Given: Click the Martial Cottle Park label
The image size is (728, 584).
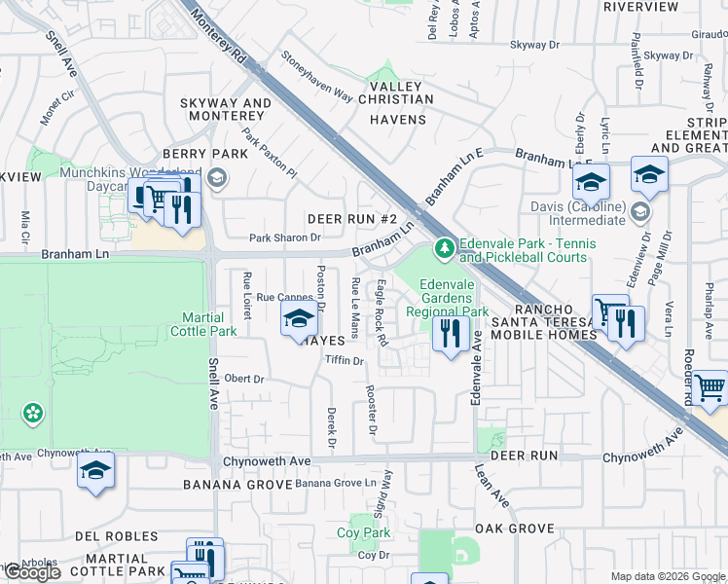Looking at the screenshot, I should pos(209,324).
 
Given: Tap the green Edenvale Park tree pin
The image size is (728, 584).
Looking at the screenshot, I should pos(445,249).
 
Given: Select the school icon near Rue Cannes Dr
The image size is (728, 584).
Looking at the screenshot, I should pos(300,319).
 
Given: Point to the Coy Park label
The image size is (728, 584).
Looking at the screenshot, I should pos(363,532).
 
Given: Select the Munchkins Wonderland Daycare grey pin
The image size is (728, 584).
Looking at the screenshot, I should pos(216,178).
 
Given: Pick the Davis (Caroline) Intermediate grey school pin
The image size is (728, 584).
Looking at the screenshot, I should pos(639,211).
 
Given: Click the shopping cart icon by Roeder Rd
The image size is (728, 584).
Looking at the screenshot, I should pos(710,387).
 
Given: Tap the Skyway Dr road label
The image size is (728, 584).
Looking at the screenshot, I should pos(535,45).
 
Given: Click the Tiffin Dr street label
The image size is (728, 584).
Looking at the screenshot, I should pos(344,360).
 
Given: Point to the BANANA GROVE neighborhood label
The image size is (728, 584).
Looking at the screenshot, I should pos(237,484).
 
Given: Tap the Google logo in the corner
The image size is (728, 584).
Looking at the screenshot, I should pos(34,572).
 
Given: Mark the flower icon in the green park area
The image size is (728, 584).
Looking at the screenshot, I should pos(33,413).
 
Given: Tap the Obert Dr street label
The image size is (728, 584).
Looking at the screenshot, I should pos(244,379).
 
